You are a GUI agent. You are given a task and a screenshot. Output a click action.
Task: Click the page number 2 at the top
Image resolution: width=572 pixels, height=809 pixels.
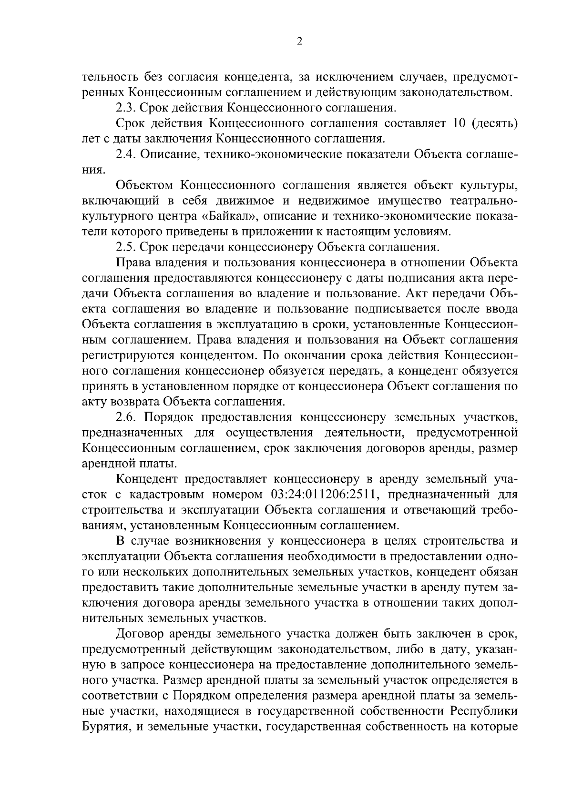[299, 41]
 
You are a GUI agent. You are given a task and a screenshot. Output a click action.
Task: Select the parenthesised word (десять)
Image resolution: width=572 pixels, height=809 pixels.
[494, 123]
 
